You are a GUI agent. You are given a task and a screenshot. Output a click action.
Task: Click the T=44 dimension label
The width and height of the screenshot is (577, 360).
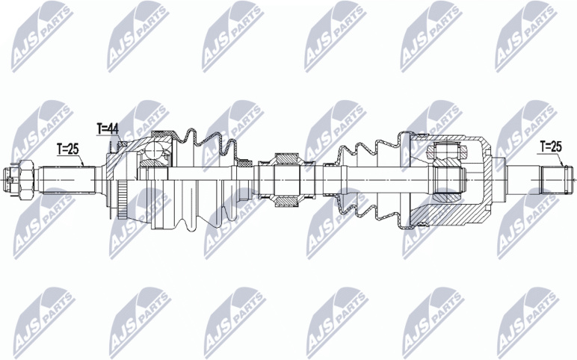tap(108, 128)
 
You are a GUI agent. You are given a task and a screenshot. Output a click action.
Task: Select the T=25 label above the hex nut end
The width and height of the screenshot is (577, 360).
tap(68, 149)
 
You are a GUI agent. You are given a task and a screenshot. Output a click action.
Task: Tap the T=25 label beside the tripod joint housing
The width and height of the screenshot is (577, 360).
tap(551, 146)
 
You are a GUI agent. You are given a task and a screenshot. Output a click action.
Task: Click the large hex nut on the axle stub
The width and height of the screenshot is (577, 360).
tap(26, 180)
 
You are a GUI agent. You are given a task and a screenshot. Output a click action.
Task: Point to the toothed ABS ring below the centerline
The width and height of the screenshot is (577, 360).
tap(122, 199)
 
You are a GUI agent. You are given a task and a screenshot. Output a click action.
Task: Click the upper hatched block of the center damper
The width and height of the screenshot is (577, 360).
tap(287, 158)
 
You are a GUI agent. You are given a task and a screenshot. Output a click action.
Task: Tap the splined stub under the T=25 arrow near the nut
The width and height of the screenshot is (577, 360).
tap(68, 180)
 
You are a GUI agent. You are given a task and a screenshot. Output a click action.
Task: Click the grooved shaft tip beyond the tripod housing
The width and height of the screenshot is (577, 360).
tap(556, 180)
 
